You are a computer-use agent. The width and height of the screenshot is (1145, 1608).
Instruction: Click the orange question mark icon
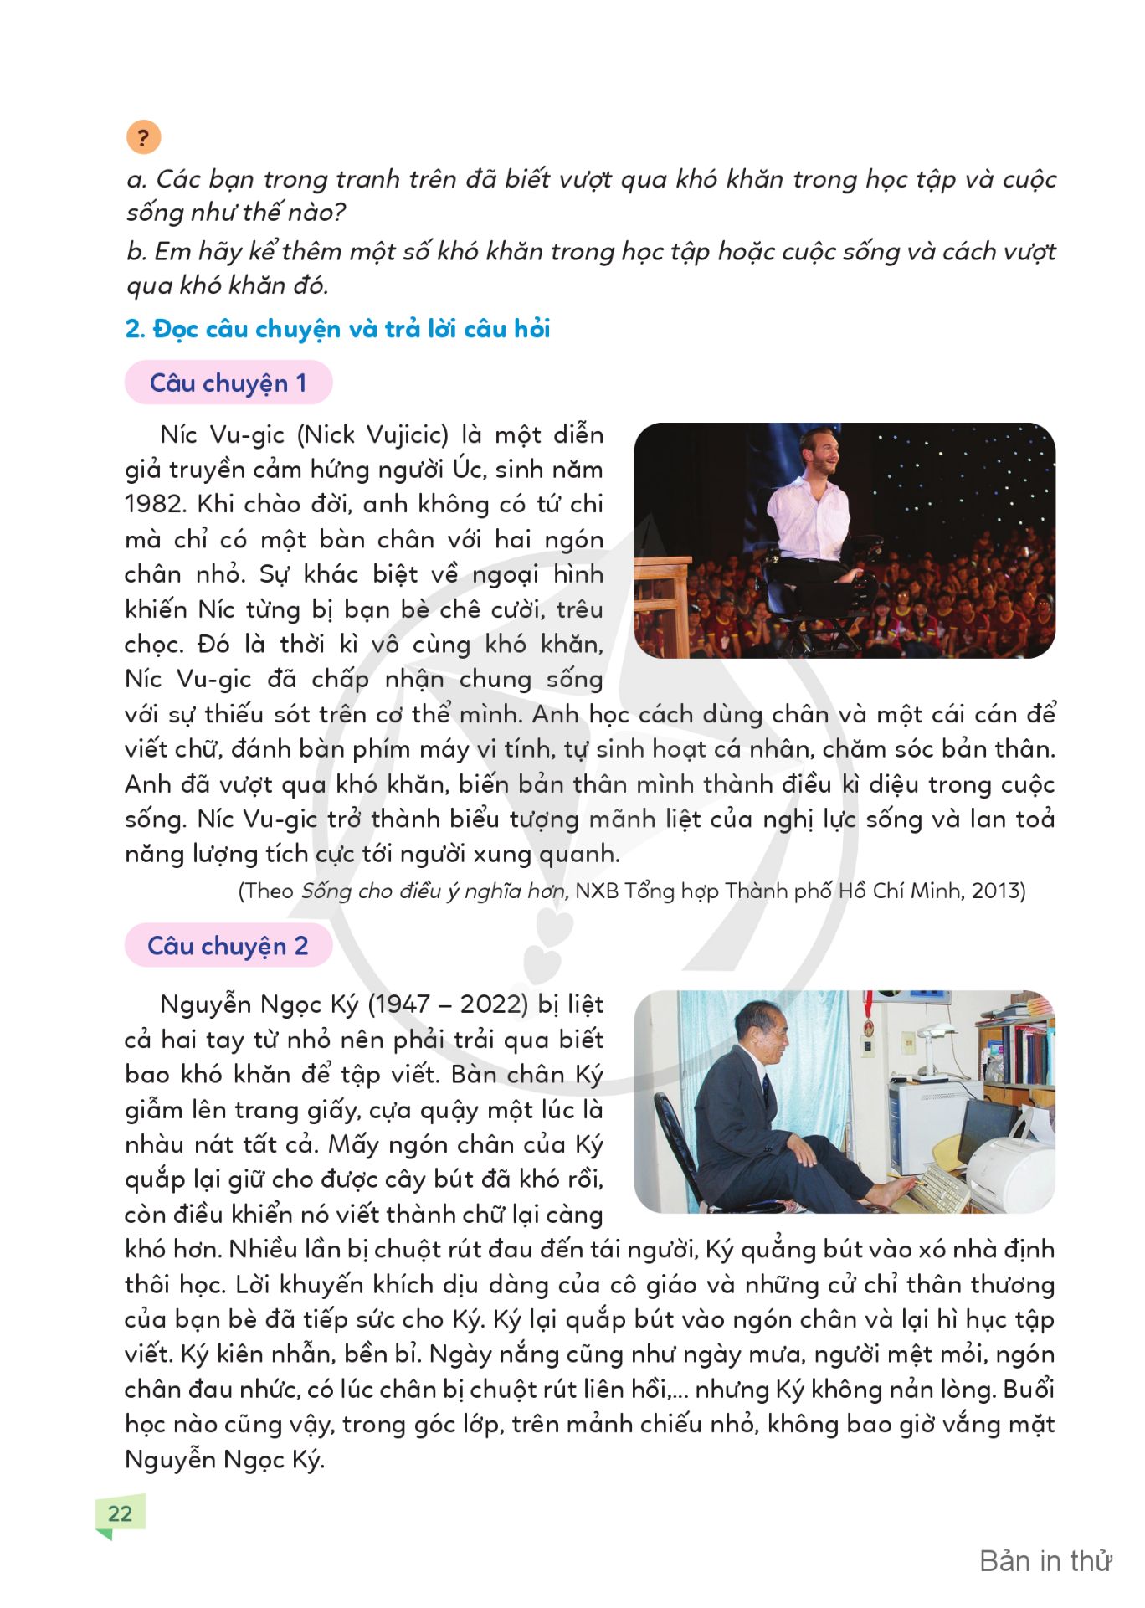tap(143, 137)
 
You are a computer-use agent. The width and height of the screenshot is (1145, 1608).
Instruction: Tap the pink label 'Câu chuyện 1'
tap(228, 383)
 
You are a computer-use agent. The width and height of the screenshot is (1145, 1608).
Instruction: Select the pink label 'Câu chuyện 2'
tap(228, 946)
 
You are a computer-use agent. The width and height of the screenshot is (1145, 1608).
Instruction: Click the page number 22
tap(121, 1513)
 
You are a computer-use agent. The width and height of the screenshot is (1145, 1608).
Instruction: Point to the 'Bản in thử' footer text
tap(1045, 1561)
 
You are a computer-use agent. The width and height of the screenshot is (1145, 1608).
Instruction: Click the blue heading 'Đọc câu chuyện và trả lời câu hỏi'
tap(352, 329)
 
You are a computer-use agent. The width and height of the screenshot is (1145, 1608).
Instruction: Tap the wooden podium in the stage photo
tap(661, 603)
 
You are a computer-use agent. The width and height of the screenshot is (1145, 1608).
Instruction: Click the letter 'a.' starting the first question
tap(137, 179)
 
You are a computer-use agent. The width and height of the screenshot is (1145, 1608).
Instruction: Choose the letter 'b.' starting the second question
tap(137, 251)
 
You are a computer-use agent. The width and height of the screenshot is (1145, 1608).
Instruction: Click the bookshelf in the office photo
tap(1018, 1046)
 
